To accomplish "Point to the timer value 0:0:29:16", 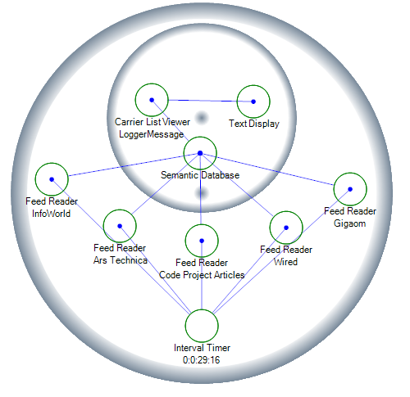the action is pos(202,360).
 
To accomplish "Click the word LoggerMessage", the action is pos(152,134).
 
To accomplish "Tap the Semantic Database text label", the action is pos(200,175).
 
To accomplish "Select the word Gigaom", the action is pos(350,223).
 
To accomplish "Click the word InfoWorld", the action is pos(51,214).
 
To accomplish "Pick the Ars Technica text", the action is pos(121,260).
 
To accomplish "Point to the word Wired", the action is pos(285,262).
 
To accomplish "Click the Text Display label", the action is pos(254,124).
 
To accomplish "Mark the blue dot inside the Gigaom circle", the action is pos(350,189).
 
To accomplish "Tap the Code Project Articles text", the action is pos(202,275).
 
